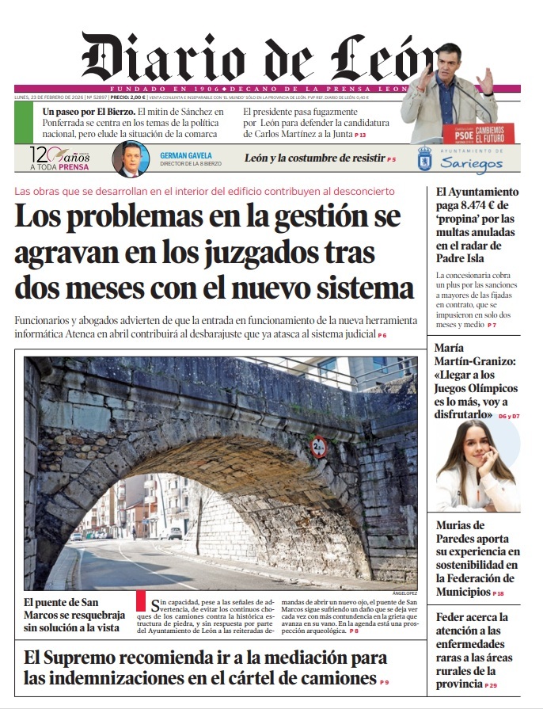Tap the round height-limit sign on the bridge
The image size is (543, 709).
[x=319, y=447]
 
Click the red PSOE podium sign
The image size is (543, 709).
[x=467, y=132]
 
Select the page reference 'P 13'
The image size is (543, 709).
[x=360, y=136]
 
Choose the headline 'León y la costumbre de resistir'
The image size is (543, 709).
[x=313, y=158]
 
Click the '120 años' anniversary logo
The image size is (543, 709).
[x=60, y=158]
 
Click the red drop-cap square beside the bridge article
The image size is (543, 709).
[x=141, y=600]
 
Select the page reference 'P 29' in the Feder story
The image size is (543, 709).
[x=491, y=684]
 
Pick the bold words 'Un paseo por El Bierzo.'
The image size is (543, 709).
[x=88, y=112]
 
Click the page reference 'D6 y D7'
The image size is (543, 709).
[x=508, y=416]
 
